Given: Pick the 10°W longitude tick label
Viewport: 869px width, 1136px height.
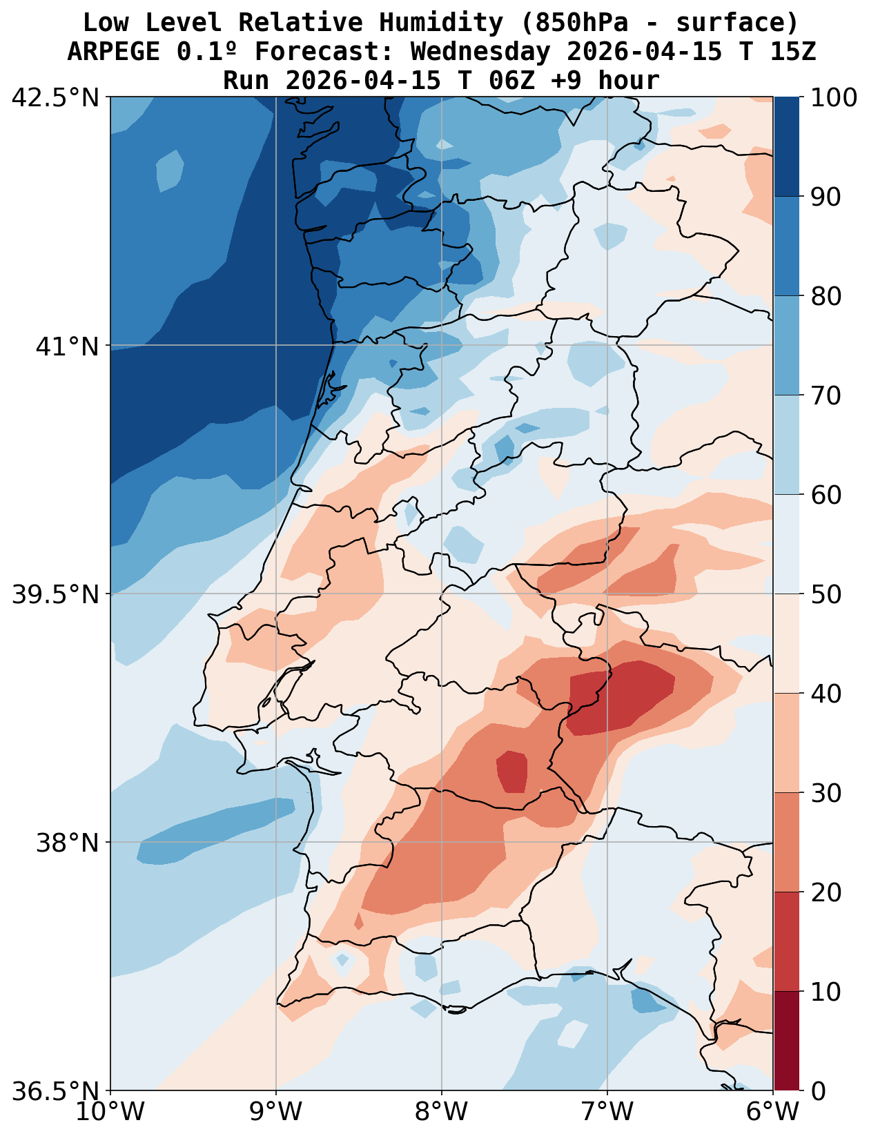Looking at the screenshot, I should tap(110, 1112).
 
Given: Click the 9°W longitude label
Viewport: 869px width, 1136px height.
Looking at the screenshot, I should tap(276, 1112).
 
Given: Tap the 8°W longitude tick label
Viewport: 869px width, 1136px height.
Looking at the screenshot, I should tap(442, 1112).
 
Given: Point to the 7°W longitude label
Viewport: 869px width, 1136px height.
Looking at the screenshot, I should tap(607, 1112).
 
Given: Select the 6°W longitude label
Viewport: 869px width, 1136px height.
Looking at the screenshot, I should tap(773, 1112).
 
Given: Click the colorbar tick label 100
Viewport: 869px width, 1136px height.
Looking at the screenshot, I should tap(833, 98).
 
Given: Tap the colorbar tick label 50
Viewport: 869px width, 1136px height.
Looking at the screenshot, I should tap(826, 594).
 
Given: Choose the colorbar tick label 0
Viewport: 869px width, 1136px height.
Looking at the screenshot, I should tap(817, 1091).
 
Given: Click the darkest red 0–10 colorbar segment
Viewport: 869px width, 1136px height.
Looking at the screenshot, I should tap(786, 1041).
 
